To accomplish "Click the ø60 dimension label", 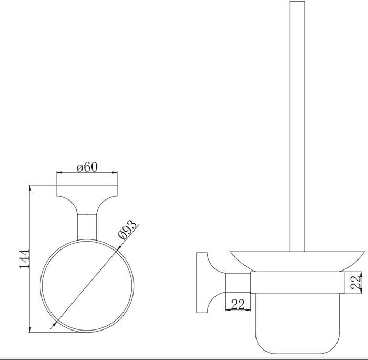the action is coord(87,167).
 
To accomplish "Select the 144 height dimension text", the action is coord(24,259).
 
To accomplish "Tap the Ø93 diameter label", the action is coord(127,229).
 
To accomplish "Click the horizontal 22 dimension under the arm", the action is coord(238,304).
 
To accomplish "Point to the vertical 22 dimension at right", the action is coord(355,282).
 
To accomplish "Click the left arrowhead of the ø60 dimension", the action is coord(59,172).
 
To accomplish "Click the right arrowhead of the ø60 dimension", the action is coord(115,172).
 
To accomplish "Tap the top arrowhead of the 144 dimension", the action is coord(30,188).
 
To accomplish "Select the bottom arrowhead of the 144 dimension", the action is coord(30,329).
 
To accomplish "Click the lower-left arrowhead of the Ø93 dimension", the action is coord(55,324).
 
